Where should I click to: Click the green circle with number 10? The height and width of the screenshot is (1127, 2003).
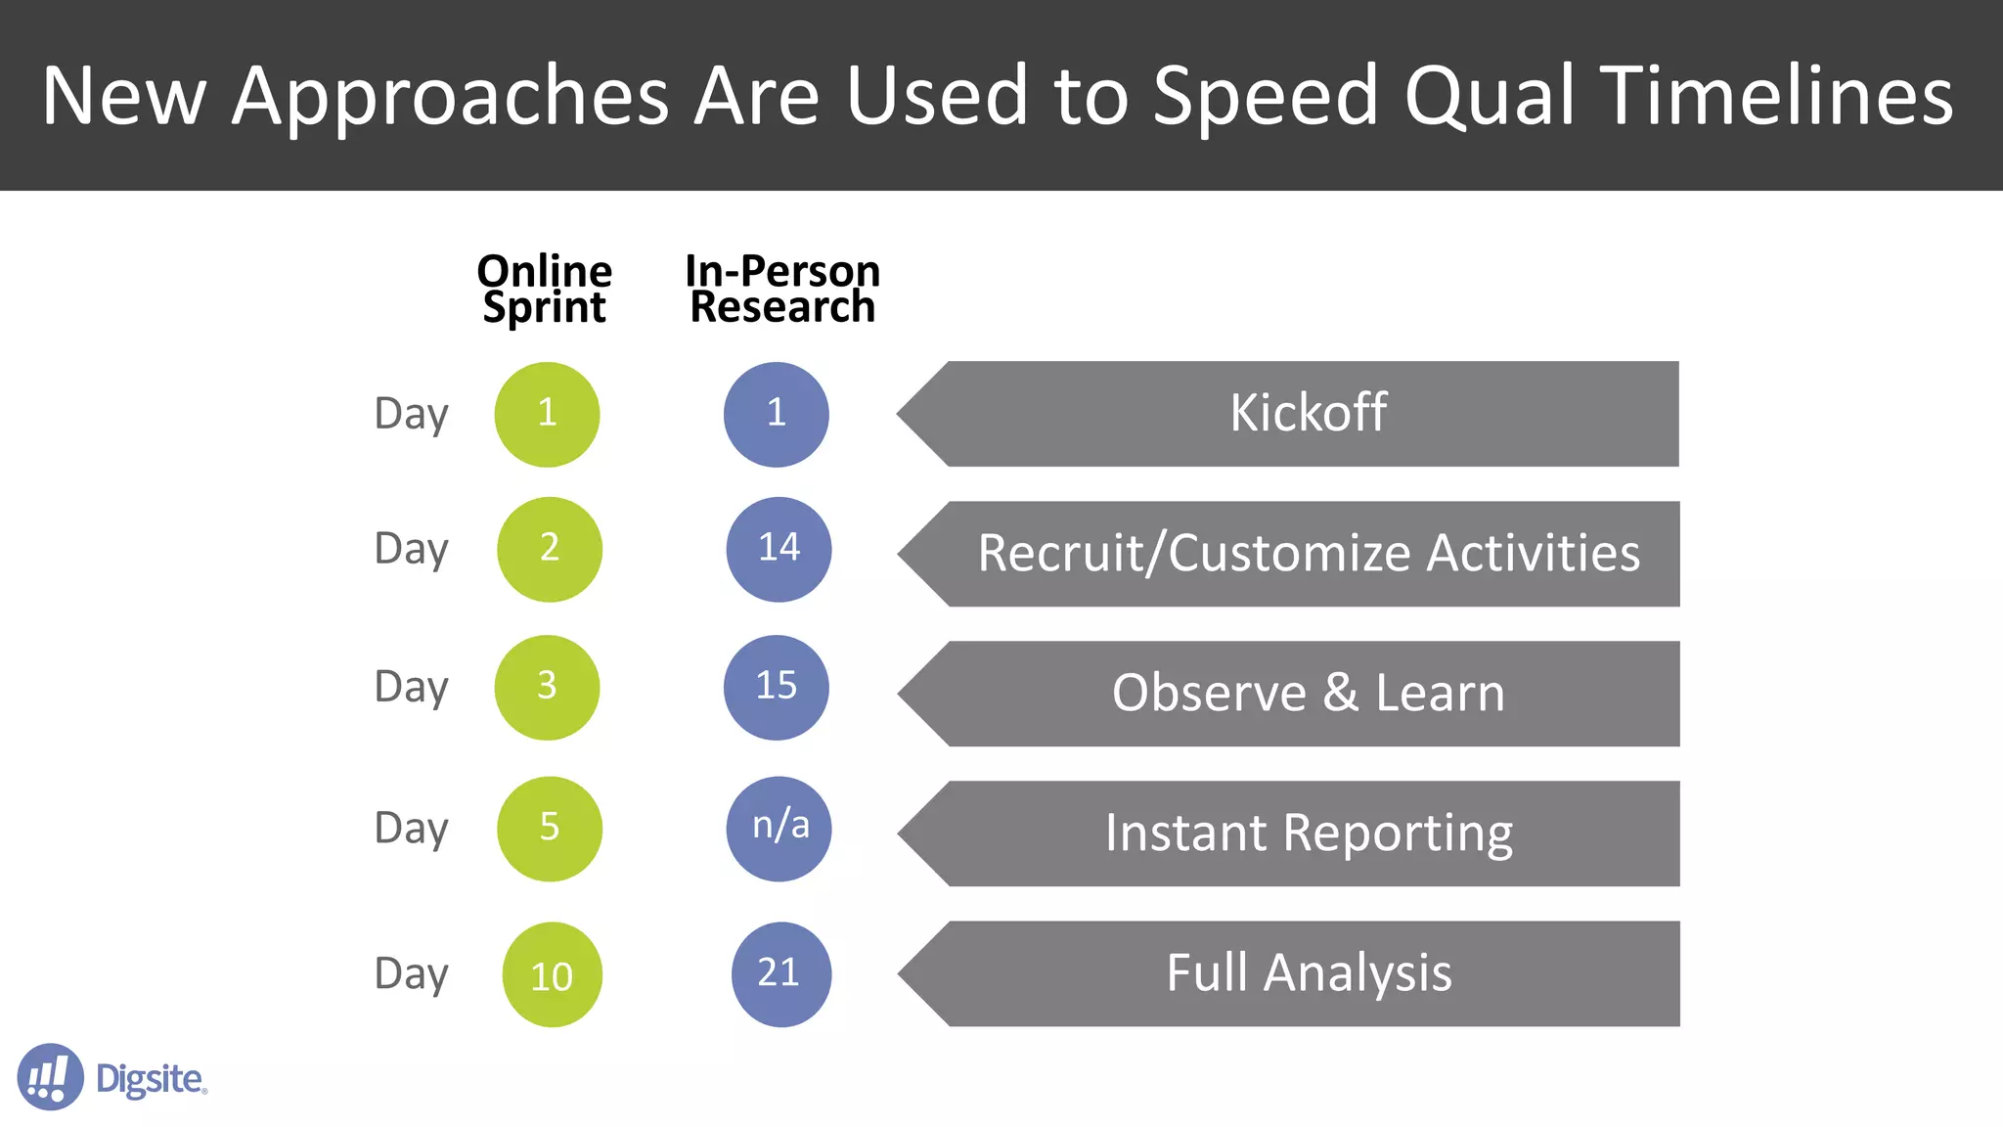[x=552, y=974]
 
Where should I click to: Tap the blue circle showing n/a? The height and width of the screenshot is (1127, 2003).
[x=779, y=829]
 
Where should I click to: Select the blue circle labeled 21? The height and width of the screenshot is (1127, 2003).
[x=780, y=973]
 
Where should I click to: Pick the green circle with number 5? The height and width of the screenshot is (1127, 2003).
[x=549, y=829]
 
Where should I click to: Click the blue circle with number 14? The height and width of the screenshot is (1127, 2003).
[x=779, y=549]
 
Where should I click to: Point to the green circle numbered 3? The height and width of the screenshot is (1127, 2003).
[x=547, y=687]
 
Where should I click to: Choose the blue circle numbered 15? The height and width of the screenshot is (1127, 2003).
[x=776, y=687]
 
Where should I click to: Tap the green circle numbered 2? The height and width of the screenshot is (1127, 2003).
[x=549, y=549]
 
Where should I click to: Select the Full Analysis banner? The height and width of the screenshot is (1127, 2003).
[x=1309, y=973]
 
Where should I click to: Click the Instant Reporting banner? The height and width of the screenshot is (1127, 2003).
[x=1309, y=834]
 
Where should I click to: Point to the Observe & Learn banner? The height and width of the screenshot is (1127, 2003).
[x=1309, y=694]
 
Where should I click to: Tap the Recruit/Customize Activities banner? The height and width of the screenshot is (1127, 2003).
[x=1309, y=554]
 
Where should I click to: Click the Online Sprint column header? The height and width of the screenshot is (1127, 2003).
[x=545, y=289]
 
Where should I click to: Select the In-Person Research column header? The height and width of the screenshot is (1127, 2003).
[x=782, y=289]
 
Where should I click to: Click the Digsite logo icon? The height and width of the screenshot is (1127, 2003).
[x=50, y=1076]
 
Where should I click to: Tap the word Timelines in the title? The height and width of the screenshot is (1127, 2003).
[x=1779, y=96]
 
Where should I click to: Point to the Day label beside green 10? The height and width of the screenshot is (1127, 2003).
[x=411, y=974]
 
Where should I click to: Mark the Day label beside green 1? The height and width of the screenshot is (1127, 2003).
[x=411, y=414]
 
